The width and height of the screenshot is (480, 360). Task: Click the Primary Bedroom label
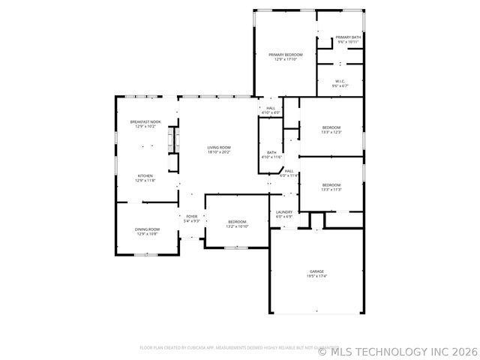tap(286, 55)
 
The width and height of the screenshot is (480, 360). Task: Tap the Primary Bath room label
tap(348, 37)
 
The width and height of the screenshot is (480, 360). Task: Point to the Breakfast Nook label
tap(145, 121)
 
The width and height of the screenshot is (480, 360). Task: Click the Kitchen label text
tap(145, 176)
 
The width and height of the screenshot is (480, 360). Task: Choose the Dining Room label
tap(148, 229)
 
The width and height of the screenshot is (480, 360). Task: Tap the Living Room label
tap(219, 147)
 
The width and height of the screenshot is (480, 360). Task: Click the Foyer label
tap(192, 217)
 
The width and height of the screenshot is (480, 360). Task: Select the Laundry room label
tap(284, 212)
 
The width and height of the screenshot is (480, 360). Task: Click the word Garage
tap(317, 271)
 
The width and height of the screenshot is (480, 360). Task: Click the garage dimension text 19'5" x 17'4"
tap(317, 276)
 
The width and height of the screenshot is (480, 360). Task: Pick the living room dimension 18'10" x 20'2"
tap(219, 151)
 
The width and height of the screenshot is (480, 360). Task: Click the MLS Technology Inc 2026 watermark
tap(397, 350)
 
